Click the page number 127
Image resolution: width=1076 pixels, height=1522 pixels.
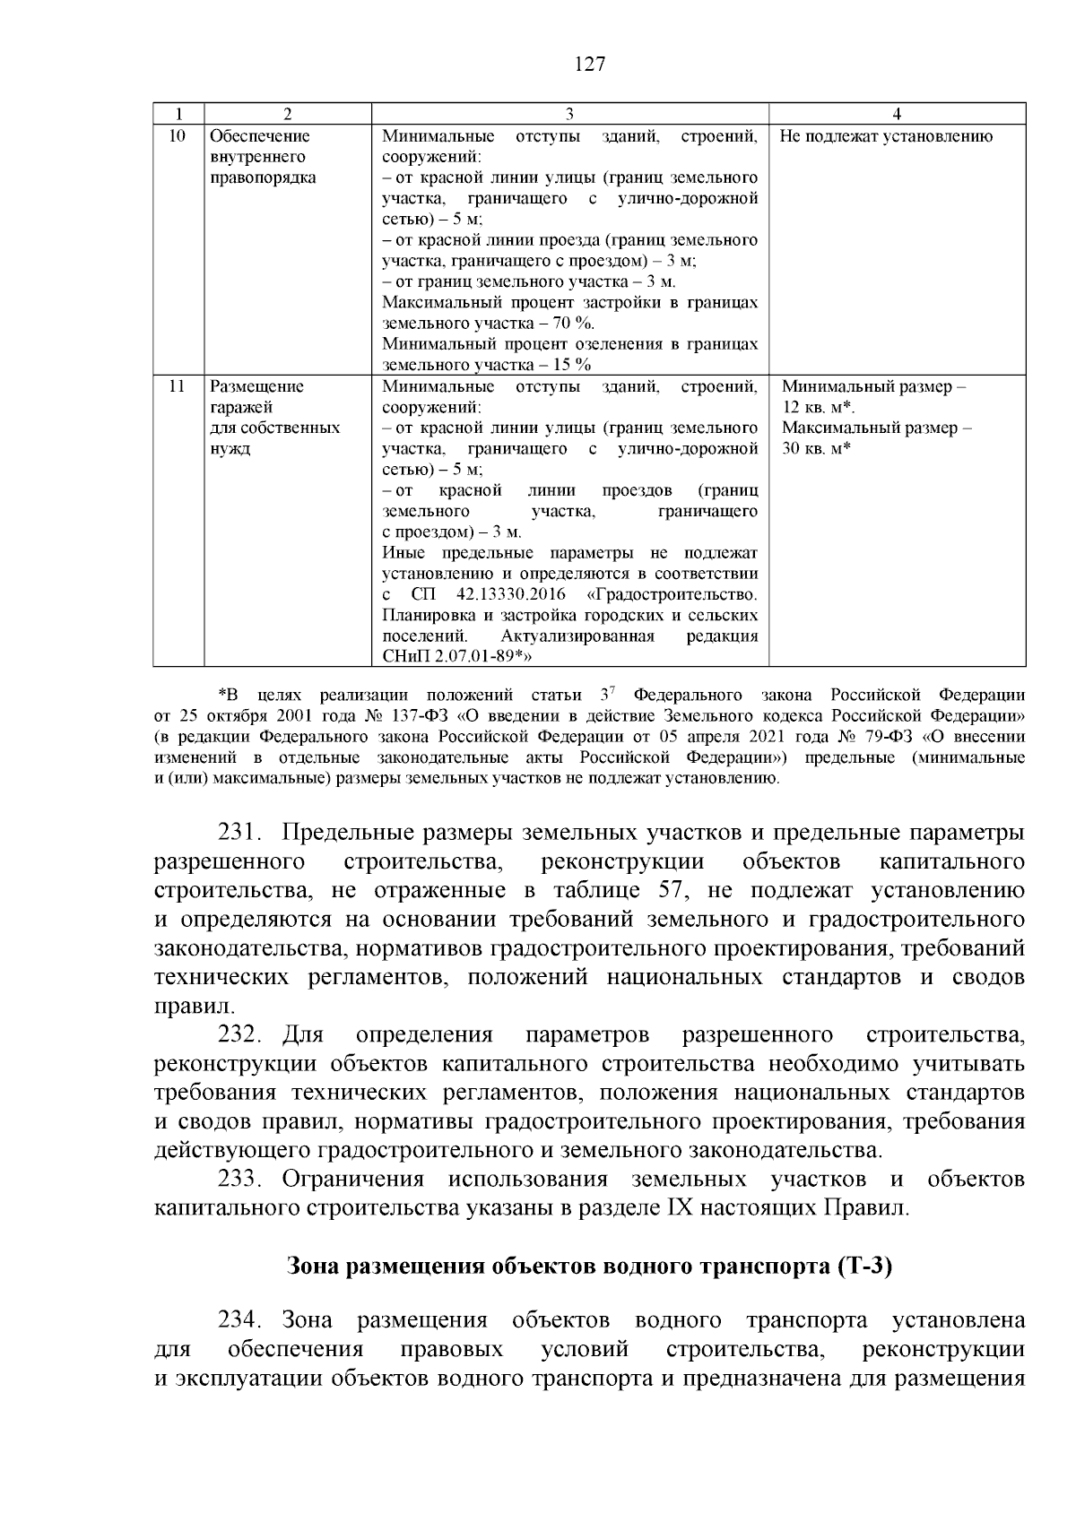588,65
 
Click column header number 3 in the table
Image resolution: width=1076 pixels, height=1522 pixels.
569,114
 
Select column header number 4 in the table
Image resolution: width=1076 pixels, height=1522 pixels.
897,114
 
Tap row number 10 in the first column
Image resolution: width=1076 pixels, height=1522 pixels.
178,136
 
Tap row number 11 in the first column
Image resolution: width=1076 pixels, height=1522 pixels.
178,386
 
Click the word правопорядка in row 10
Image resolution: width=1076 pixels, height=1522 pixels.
263,177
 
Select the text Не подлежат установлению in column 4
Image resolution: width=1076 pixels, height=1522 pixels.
886,136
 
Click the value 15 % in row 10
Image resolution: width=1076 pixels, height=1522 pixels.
570,365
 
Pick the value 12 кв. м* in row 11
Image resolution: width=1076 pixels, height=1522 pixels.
817,407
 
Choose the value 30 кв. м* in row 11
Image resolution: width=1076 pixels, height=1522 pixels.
816,448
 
